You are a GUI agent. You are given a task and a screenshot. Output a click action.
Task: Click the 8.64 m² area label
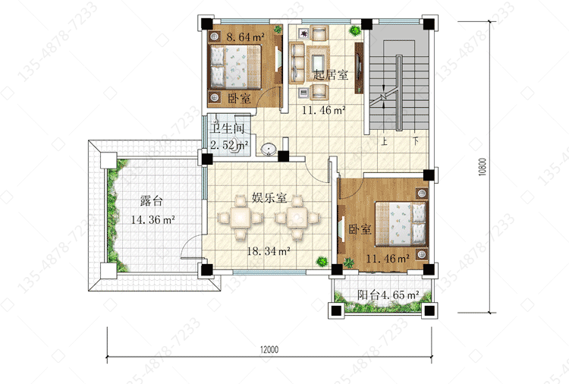[246, 36]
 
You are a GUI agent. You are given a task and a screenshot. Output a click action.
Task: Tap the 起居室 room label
[331, 75]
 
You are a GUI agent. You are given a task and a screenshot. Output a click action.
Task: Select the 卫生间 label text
[228, 128]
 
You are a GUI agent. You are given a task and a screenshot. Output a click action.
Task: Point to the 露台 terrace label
[152, 200]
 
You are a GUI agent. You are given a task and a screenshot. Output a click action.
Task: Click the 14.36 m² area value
[153, 219]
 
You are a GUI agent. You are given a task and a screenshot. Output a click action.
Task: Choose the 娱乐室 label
[269, 198]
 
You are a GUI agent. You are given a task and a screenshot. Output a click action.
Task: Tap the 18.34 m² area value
[269, 250]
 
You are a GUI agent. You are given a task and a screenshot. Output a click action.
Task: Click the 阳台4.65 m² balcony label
[388, 294]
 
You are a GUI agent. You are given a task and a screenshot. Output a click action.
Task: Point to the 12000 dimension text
[269, 350]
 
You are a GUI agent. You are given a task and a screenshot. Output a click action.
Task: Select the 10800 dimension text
[482, 167]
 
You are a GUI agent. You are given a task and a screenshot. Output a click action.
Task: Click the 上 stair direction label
[384, 141]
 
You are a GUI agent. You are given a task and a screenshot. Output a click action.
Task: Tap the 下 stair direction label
[416, 140]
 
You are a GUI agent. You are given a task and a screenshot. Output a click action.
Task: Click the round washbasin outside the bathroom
[269, 150]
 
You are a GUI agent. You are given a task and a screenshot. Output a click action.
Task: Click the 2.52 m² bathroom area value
[229, 145]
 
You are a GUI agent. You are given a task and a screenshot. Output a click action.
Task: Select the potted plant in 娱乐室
[322, 261]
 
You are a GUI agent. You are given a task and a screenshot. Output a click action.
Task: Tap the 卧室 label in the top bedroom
[239, 98]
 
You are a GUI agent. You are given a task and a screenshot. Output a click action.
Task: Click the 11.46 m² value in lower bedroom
[388, 259]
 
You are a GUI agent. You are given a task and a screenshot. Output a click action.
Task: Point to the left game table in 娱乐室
[240, 218]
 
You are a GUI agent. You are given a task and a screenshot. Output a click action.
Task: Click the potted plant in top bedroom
[278, 29]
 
